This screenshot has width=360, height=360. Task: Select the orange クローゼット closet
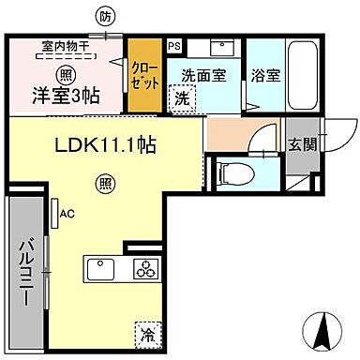142,75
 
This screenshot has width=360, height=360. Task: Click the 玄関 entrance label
301,144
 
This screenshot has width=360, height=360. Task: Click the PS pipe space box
173,45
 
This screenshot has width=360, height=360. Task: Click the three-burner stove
146,269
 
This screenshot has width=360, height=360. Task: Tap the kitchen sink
102,270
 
